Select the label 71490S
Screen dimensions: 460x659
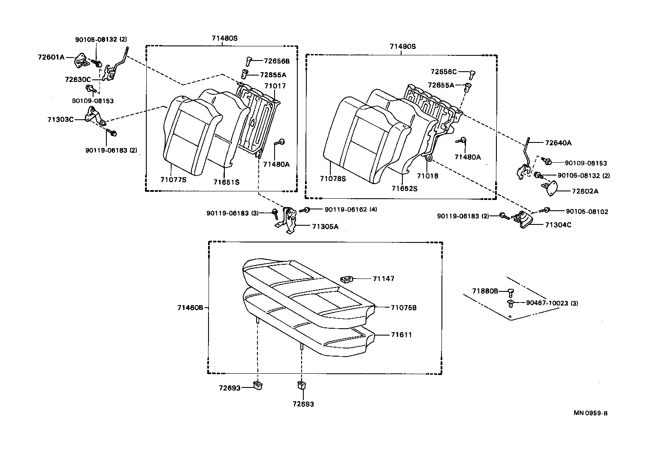click(402, 46)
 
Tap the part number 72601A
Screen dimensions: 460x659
click(51, 57)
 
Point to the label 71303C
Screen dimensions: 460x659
click(60, 119)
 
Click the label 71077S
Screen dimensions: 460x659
click(173, 180)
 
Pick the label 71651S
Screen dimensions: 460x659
click(226, 182)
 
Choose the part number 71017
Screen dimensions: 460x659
click(275, 86)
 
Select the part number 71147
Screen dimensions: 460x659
click(383, 278)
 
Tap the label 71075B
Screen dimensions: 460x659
click(404, 308)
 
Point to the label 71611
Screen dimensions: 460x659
click(401, 334)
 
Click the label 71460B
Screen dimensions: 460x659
click(190, 308)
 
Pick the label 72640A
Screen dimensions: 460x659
click(558, 143)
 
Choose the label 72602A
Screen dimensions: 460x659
click(584, 191)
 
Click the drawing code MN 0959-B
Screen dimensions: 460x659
click(590, 413)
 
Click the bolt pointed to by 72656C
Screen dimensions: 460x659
click(472, 74)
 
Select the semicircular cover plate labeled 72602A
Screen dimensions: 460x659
click(550, 188)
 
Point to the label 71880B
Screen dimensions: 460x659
click(485, 291)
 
